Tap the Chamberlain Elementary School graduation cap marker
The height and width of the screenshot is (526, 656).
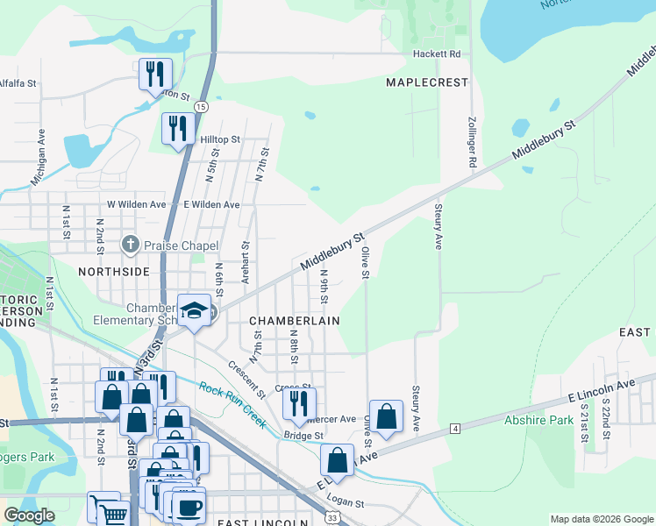click(194, 310)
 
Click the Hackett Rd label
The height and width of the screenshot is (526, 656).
click(438, 54)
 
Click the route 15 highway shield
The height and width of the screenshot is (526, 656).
click(202, 106)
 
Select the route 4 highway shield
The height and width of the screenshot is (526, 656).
click(454, 428)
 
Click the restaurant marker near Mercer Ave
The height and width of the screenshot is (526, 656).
click(299, 402)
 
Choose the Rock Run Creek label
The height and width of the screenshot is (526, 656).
click(232, 404)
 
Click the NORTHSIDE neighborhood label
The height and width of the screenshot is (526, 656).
click(113, 272)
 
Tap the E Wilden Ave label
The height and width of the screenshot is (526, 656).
click(211, 204)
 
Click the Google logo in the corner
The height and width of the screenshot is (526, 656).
click(29, 515)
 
